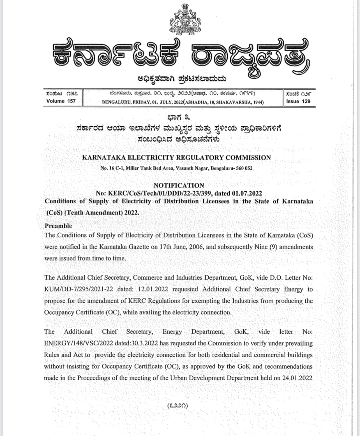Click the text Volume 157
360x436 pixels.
click(x=61, y=101)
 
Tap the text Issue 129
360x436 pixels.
click(x=298, y=101)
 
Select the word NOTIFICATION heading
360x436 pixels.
click(x=179, y=185)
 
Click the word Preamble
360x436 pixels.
click(x=58, y=226)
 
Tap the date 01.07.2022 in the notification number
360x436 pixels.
click(x=247, y=193)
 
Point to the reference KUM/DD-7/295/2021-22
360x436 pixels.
click(x=79, y=289)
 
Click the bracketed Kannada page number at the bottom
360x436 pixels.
click(x=177, y=405)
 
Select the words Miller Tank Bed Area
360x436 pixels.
click(x=150, y=168)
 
